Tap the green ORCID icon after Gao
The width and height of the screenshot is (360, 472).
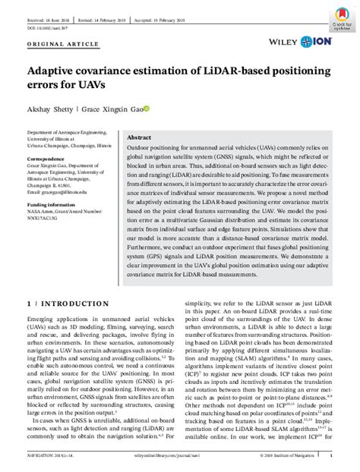(147, 109)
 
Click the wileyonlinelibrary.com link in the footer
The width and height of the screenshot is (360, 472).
(180, 456)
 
